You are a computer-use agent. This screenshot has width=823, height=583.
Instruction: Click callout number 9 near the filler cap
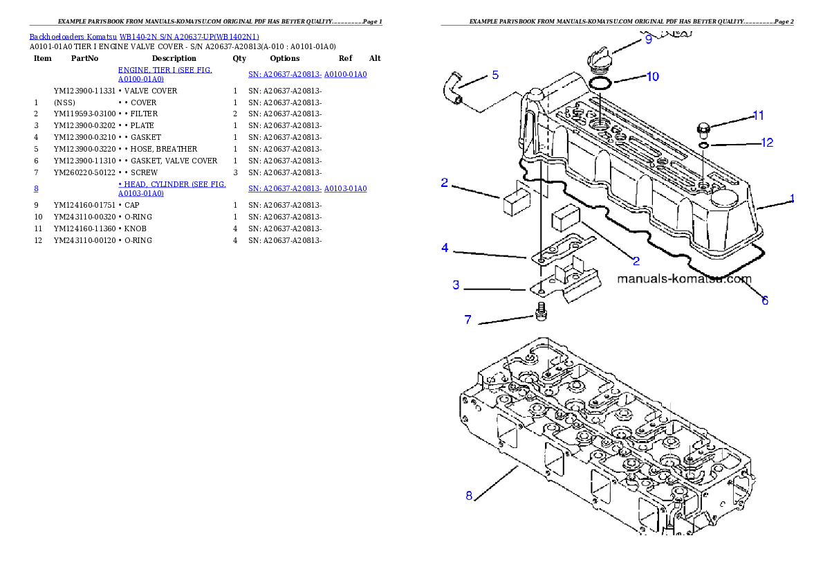point(648,39)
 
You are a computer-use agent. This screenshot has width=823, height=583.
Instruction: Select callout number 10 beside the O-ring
point(652,76)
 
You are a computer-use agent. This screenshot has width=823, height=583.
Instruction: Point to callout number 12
point(767,143)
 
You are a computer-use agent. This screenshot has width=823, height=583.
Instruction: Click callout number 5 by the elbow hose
point(494,75)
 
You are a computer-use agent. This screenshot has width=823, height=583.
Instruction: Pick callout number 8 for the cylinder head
point(469,496)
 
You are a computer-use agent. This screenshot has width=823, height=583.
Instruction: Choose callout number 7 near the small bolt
point(468,320)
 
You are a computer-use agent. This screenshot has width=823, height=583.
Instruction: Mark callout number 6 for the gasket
point(765,301)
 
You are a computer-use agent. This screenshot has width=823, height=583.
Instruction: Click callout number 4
point(445,247)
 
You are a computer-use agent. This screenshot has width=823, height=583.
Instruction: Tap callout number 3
point(456,285)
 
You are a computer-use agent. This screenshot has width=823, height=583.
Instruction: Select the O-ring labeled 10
point(600,84)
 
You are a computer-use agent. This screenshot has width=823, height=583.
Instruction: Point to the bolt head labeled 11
point(702,127)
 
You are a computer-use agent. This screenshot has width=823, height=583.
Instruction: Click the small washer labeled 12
point(702,145)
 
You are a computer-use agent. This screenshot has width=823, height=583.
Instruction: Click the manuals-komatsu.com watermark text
point(683,280)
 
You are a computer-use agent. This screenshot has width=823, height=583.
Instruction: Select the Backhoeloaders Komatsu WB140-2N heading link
point(144,37)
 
